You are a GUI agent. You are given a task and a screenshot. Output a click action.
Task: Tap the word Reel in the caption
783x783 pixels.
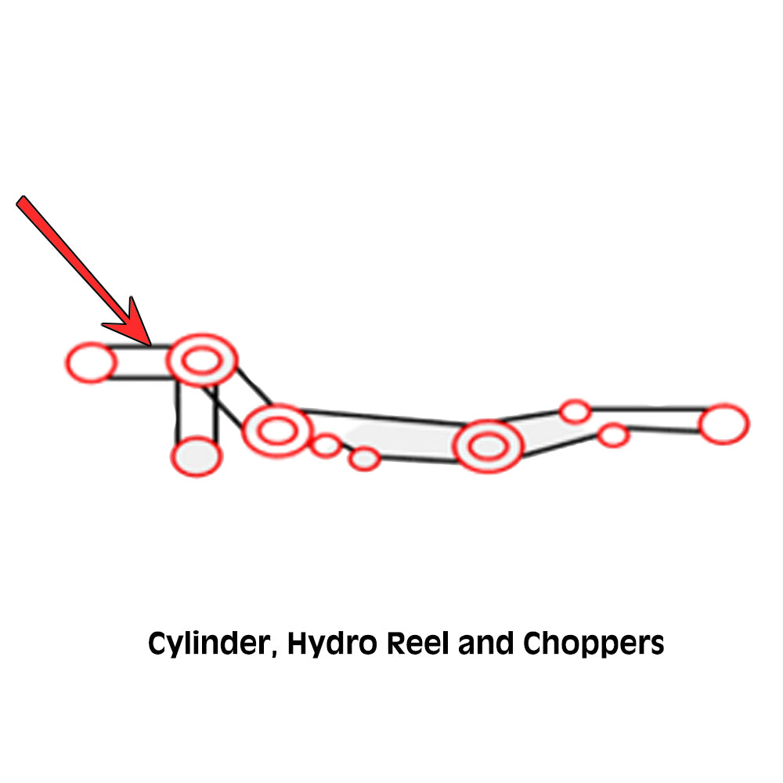pos(418,643)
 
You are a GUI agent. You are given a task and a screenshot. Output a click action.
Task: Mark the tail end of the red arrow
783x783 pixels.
pos(21,200)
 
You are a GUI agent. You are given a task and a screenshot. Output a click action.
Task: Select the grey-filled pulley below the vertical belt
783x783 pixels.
pos(197,456)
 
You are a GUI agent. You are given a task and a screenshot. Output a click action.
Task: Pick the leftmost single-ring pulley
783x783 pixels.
pos(92,363)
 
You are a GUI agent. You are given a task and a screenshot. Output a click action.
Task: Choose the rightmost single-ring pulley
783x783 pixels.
pos(724,424)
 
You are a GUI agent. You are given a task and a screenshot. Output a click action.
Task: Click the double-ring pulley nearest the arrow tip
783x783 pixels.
pos(202,360)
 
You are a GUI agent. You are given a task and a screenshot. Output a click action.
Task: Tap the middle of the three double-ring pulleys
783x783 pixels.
pos(278,431)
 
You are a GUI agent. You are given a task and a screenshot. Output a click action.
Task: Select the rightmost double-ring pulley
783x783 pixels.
pos(489,446)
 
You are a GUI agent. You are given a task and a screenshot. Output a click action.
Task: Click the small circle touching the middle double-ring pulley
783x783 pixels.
pos(326,446)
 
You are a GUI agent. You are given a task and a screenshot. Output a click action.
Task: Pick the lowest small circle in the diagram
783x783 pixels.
pos(365,459)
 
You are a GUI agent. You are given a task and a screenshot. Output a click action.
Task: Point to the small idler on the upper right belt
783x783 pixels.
pos(576,412)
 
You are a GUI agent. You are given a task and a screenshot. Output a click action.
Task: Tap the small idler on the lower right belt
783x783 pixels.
pos(614,435)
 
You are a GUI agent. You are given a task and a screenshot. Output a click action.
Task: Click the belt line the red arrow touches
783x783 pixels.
pos(137,347)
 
